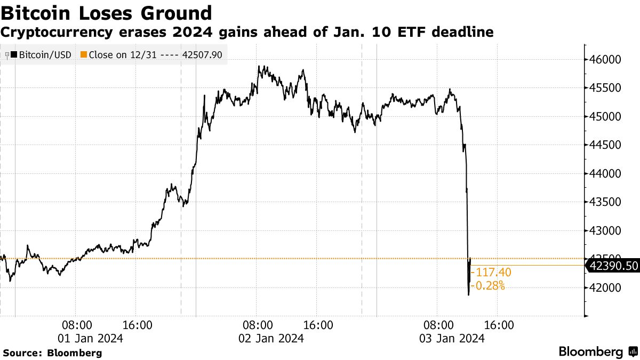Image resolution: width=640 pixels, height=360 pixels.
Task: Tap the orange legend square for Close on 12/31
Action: click(x=83, y=54)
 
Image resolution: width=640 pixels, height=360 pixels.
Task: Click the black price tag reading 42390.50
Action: click(x=612, y=266)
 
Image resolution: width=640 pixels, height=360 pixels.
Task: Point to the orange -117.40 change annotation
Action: click(x=493, y=273)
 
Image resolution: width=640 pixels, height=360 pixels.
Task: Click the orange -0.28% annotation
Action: click(x=490, y=286)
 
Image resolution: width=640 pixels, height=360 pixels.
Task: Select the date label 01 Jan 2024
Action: click(x=90, y=338)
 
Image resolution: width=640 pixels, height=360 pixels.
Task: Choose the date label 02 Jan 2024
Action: click(x=271, y=338)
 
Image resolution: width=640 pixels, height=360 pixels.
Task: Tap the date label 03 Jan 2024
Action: click(x=452, y=338)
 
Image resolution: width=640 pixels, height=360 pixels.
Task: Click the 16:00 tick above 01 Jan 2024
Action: click(x=138, y=325)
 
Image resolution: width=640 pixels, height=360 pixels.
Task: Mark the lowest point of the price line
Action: click(x=469, y=294)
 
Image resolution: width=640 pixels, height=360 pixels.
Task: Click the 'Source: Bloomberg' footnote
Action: click(x=52, y=353)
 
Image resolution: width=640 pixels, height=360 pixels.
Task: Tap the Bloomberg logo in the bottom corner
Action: click(x=597, y=352)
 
